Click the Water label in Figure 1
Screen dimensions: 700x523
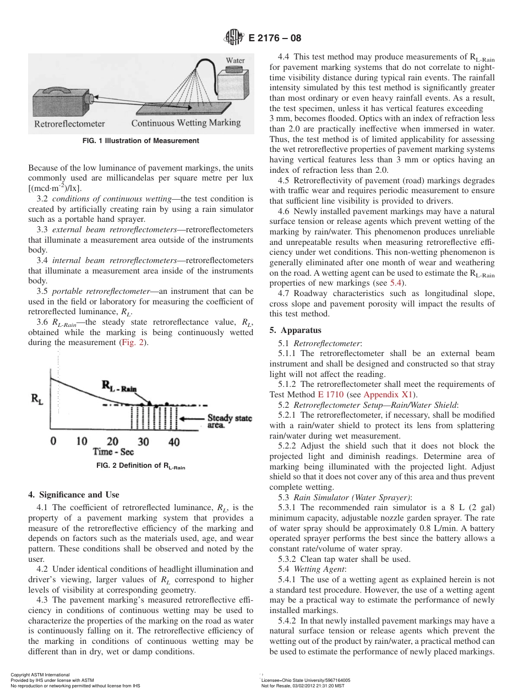pos(236,60)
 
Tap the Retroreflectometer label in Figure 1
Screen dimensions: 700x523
pos(69,123)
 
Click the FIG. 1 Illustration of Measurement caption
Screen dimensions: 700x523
pos(140,141)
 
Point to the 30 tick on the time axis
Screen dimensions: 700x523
pos(143,441)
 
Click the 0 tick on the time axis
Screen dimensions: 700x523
pos(53,441)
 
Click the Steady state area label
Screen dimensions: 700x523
pos(230,422)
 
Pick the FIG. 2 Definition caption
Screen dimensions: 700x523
pos(140,466)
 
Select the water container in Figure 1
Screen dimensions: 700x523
pos(235,84)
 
